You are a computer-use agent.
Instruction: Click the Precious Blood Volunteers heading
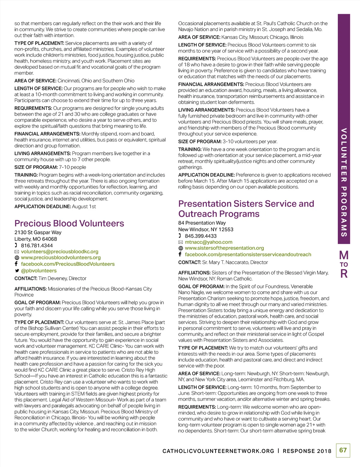coord(69,223)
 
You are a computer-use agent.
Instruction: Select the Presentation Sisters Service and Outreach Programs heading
coord(246,209)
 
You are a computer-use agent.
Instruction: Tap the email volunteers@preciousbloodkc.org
coord(59,251)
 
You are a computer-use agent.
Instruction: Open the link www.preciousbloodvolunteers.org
coord(61,257)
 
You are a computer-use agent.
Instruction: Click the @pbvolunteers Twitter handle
coord(39,270)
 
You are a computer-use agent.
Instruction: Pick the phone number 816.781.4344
coord(37,245)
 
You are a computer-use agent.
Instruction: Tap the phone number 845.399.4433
coord(200,236)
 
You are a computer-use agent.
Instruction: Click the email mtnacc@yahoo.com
coord(208,242)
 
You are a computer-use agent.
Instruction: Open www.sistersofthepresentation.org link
coord(224,248)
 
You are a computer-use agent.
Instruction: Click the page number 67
coord(343,450)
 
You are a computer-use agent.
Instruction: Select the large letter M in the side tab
coord(344,255)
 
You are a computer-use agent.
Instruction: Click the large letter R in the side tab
coord(344,274)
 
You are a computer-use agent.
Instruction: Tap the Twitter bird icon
coord(17,271)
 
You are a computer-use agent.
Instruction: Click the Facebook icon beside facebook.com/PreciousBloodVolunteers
coord(16,264)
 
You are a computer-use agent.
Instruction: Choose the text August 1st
coord(84,207)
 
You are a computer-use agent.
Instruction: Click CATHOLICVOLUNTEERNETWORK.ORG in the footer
coord(218,451)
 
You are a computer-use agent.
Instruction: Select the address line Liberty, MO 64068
coord(35,239)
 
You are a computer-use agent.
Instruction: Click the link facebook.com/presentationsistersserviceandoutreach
coord(248,254)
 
